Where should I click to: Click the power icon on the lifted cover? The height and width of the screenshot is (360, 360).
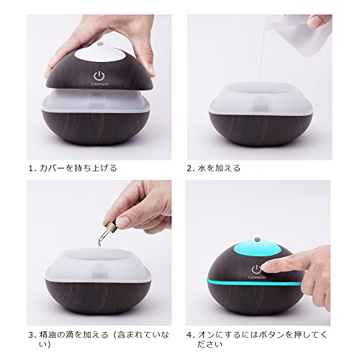coord(99,76)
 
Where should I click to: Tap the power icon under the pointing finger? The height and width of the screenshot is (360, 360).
coord(256,269)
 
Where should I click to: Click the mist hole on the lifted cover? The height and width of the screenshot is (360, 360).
coord(100,44)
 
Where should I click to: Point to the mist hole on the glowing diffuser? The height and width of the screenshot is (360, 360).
coord(258,239)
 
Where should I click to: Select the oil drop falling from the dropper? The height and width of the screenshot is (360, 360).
coord(98,244)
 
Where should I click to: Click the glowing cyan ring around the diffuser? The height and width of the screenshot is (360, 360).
coord(253,282)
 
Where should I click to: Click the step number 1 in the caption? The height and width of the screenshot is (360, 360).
coord(30,168)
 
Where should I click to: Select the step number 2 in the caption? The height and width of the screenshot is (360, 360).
coord(189,168)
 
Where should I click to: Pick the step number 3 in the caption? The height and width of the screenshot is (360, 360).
coord(31,335)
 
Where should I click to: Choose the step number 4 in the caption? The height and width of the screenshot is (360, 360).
coord(189,335)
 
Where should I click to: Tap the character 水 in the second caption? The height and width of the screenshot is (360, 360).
coord(202,168)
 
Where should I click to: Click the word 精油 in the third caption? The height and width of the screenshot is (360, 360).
coord(48,335)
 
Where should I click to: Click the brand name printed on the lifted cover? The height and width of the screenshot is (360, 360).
coord(99,84)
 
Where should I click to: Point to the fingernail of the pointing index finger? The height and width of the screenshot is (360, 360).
coord(269,266)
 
